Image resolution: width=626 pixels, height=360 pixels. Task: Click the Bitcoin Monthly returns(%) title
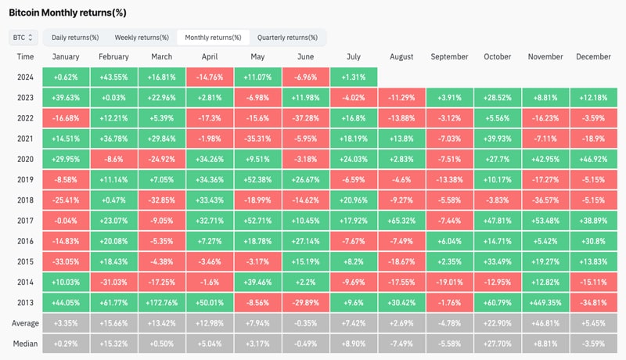68,13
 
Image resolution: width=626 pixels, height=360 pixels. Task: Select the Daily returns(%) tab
75,38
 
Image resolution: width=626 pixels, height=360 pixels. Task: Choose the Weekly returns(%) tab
142,38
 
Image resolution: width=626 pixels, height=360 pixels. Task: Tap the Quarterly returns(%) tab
287,38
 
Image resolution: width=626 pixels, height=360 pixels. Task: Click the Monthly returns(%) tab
213,38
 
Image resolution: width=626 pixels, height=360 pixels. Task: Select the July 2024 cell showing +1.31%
354,77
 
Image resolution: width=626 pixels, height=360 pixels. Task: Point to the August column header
401,57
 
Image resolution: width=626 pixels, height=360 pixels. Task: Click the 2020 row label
25,158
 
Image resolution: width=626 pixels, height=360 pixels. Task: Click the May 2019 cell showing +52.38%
257,178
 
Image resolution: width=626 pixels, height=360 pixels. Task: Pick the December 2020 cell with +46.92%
593,158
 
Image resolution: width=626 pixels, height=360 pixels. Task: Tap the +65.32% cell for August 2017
401,219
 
